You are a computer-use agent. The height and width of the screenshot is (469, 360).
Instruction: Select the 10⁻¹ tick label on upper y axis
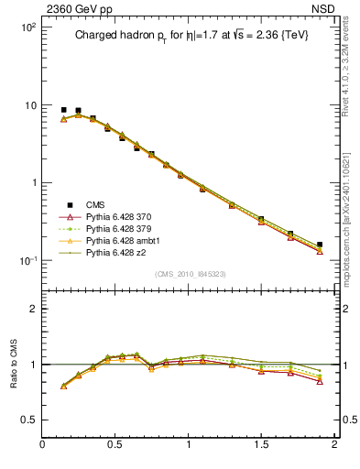point(27,261)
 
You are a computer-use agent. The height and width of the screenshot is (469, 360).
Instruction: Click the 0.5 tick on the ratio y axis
point(28,420)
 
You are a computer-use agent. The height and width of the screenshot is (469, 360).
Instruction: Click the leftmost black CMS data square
point(63,110)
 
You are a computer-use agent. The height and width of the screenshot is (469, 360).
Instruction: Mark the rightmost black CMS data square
point(319,245)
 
